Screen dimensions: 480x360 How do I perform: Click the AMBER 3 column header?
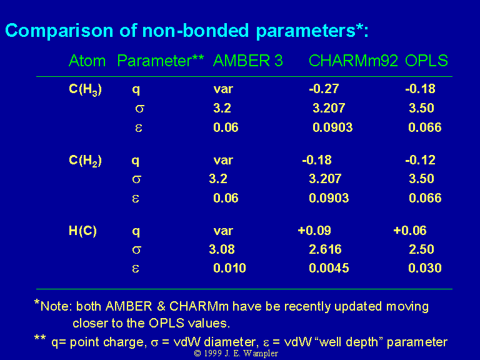(x=247, y=61)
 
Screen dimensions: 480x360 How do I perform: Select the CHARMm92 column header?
(x=353, y=61)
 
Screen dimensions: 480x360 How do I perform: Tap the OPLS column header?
(x=426, y=61)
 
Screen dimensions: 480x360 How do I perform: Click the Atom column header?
(x=87, y=61)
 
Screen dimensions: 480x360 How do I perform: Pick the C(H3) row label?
(x=85, y=90)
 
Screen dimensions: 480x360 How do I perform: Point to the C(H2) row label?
(x=85, y=161)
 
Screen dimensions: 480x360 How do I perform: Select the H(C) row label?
(x=82, y=231)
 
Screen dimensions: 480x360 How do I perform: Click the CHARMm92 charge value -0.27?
(x=324, y=89)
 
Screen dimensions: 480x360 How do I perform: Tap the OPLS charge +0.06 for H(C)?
(x=410, y=231)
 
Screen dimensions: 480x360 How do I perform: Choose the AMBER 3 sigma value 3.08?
(x=222, y=249)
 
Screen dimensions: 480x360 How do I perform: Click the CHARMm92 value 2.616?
(x=325, y=249)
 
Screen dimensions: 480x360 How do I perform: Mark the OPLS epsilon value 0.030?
(x=425, y=268)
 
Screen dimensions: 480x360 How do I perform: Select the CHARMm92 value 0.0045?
(x=329, y=268)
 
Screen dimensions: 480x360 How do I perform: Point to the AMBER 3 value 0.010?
(x=229, y=268)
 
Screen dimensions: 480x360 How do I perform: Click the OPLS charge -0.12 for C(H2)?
(x=420, y=160)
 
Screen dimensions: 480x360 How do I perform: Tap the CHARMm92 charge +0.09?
(x=314, y=231)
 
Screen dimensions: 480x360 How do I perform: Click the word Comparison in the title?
(x=59, y=31)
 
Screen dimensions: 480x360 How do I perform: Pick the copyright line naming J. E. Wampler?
(x=236, y=354)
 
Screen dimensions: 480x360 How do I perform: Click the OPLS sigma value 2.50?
(x=421, y=249)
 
